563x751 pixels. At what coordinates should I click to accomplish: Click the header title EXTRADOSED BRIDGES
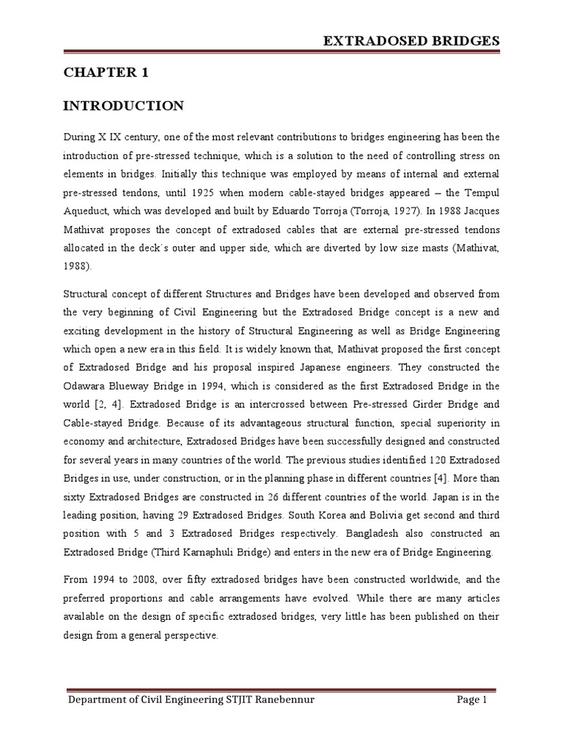coord(412,40)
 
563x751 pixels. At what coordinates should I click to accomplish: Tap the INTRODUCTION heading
coord(123,106)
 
